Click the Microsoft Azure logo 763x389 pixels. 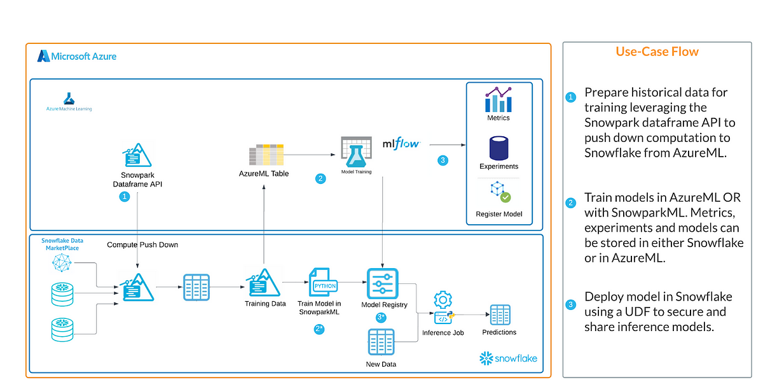coord(77,56)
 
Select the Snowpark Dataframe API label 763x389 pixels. coord(137,180)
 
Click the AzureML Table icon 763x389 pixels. coord(266,155)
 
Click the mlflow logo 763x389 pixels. coord(402,143)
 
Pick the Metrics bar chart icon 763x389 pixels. coord(498,99)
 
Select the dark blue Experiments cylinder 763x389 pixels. coord(498,148)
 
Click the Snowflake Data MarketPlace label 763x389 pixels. coord(62,244)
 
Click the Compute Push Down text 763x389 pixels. coord(142,244)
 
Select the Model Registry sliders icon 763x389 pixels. coord(383,284)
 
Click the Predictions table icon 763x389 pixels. coord(500,315)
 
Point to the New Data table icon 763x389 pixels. coord(381,342)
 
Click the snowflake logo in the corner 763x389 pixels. coord(508,358)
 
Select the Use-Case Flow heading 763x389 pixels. coord(657,52)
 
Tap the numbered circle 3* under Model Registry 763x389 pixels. coord(381,318)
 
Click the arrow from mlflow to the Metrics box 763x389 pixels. coord(448,145)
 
